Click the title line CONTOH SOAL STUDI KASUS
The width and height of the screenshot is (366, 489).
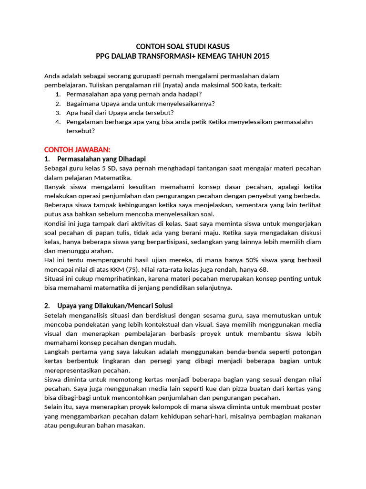click(x=183, y=46)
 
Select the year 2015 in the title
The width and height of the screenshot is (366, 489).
click(x=261, y=56)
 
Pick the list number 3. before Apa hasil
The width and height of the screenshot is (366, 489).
click(x=58, y=113)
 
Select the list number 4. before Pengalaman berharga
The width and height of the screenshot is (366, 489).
click(x=58, y=122)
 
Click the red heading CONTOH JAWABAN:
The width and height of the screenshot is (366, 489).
click(x=77, y=149)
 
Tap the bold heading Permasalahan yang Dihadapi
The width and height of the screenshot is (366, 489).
click(x=101, y=159)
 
